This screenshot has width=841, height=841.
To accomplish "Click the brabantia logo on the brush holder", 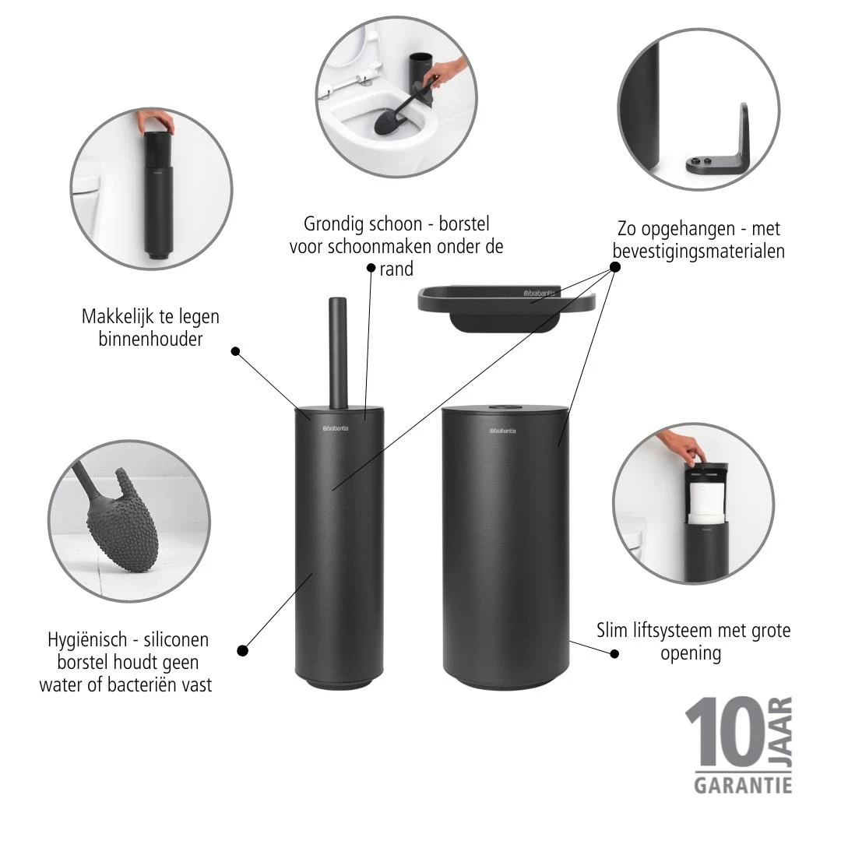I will (340, 428).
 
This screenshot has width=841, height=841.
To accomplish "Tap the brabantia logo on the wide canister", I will (505, 430).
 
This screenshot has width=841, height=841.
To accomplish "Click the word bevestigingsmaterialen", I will (698, 252).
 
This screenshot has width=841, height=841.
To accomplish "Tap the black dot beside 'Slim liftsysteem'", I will (614, 653).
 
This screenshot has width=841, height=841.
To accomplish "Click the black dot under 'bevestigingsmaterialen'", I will (614, 267).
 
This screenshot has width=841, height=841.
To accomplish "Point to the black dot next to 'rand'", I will (371, 268).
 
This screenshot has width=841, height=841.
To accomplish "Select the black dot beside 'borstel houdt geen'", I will (242, 650).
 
